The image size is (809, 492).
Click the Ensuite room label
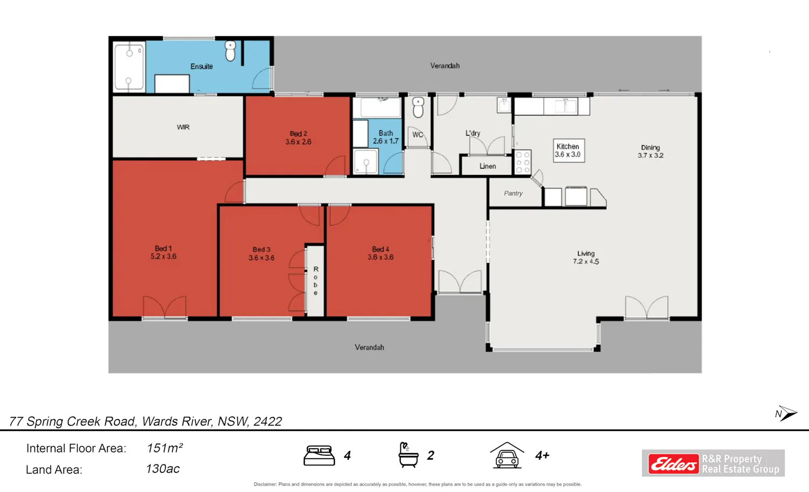pyautogui.click(x=202, y=66)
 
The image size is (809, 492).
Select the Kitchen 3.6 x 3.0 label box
pyautogui.click(x=569, y=151)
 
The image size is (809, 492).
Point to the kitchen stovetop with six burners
pyautogui.click(x=523, y=162)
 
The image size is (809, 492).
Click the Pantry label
pyautogui.click(x=513, y=193)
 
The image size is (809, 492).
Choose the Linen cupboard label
pyautogui.click(x=488, y=166)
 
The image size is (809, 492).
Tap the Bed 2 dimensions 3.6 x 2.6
pyautogui.click(x=298, y=142)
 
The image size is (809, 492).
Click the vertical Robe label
pyautogui.click(x=316, y=281)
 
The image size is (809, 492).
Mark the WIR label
pyautogui.click(x=183, y=127)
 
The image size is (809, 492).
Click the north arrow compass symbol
pyautogui.click(x=786, y=414)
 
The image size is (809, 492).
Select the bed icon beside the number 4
pyautogui.click(x=319, y=455)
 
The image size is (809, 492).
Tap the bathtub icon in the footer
pyautogui.click(x=408, y=455)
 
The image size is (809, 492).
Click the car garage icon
pyautogui.click(x=507, y=455)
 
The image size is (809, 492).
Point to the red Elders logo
pyautogui.click(x=673, y=463)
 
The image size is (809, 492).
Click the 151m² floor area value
pyautogui.click(x=164, y=448)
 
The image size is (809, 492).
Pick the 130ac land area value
pyautogui.click(x=163, y=469)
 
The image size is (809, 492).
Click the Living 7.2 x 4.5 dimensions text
pyautogui.click(x=586, y=261)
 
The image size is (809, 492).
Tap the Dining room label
pyautogui.click(x=650, y=147)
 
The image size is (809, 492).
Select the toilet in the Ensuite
pyautogui.click(x=230, y=51)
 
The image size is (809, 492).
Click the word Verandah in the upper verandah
pyautogui.click(x=445, y=66)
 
